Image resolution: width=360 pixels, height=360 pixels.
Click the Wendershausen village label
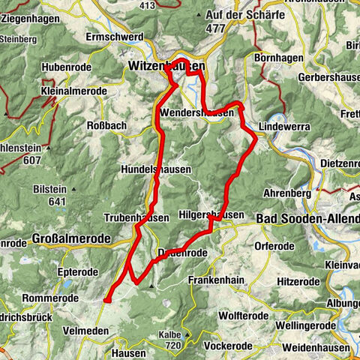coord(201,112)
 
